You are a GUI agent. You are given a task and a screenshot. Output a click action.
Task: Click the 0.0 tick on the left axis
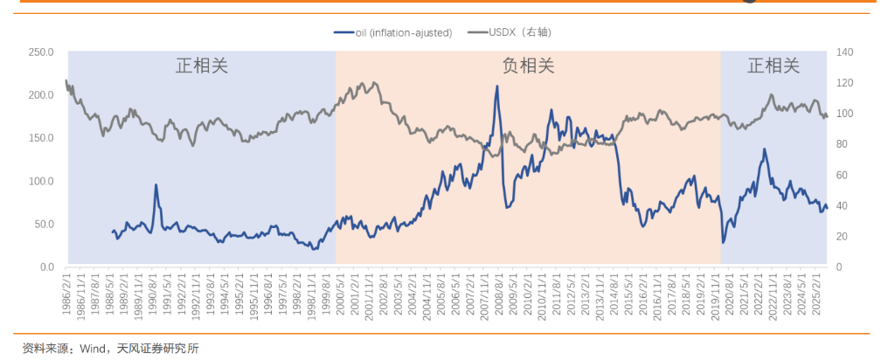click(x=46, y=267)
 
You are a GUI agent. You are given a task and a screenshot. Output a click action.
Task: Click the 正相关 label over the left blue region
click(x=202, y=66)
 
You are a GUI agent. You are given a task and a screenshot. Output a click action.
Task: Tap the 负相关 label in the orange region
click(x=528, y=66)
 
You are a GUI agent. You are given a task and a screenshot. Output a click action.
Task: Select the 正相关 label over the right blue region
click(x=774, y=66)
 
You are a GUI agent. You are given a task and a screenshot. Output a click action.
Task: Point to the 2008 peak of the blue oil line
click(x=497, y=87)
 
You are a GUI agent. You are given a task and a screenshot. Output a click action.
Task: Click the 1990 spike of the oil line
click(x=156, y=185)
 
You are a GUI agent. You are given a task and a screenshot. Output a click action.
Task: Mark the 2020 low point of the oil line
click(x=723, y=242)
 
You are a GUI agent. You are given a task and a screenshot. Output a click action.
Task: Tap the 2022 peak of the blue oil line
click(x=764, y=149)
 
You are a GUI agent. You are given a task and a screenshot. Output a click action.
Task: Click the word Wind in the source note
click(x=94, y=349)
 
